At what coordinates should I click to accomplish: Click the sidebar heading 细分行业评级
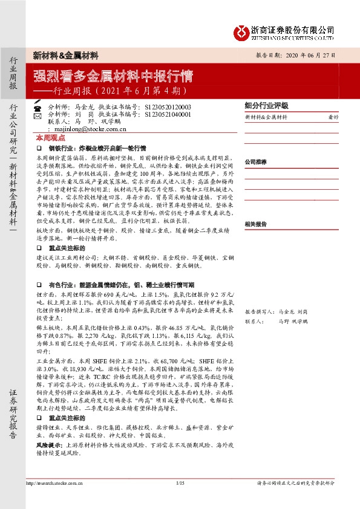(267, 105)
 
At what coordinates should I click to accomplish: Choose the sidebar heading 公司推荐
(257, 162)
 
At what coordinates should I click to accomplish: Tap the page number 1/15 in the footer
(180, 483)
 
